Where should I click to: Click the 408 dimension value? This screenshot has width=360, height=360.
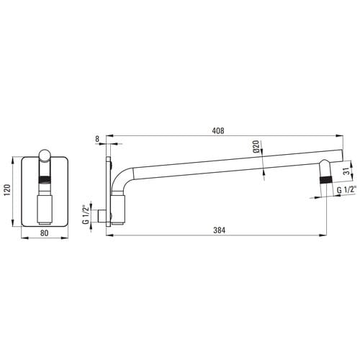218,130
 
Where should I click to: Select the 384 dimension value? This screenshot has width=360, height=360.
220,230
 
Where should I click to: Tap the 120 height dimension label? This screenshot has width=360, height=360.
7,190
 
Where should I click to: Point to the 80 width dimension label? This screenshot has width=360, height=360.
45,233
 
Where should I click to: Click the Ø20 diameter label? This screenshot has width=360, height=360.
256,147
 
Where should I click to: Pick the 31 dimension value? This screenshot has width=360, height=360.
346,171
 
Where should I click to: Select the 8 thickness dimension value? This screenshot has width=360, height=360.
97,139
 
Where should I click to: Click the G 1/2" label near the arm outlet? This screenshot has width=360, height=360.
346,190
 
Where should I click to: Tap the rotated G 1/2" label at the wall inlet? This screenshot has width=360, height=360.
86,215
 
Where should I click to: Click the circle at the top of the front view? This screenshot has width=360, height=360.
45,156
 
